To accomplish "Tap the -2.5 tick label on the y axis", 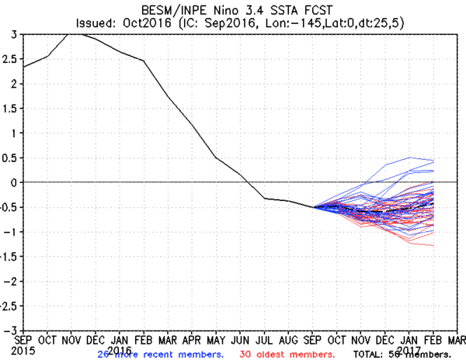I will (10, 305).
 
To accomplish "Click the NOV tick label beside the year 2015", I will (72, 339).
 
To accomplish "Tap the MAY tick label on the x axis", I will (216, 339).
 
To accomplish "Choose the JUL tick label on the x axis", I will (264, 339).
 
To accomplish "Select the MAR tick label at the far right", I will (457, 339).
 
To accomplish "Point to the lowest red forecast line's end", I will (433, 246).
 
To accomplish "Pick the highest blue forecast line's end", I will (433, 160).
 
